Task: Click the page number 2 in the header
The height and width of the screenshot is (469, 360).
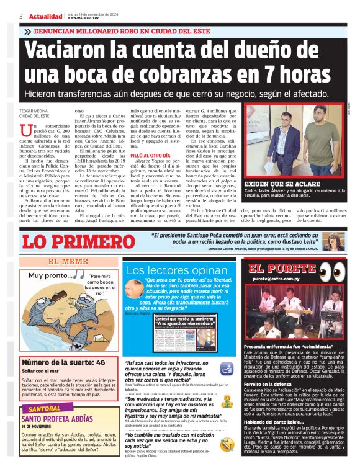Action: [x=21, y=16]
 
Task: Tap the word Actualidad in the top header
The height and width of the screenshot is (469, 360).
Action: [x=45, y=16]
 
